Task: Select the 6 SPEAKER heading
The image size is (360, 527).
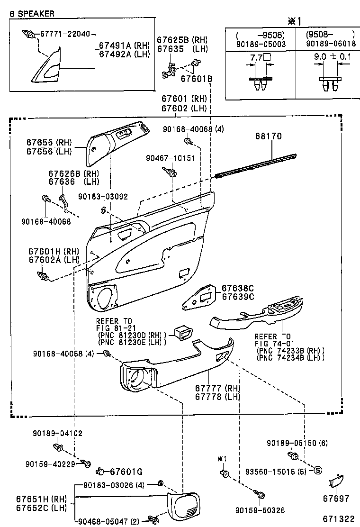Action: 32,14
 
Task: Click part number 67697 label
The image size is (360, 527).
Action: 336,499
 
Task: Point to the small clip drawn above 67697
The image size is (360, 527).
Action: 335,482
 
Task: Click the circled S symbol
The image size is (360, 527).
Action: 318,470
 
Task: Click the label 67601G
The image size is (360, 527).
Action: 126,471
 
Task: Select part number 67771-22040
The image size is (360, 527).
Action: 64,35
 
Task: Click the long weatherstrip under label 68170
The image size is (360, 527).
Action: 256,165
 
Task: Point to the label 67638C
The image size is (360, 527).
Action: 238,288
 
